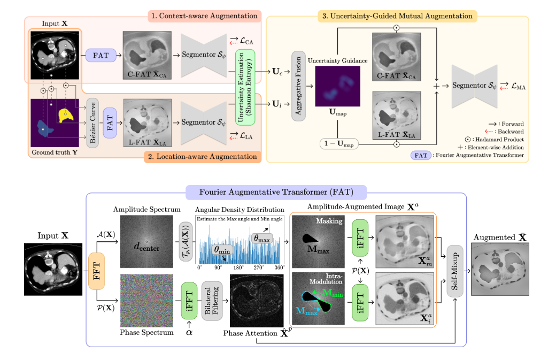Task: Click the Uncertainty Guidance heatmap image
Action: (337, 87)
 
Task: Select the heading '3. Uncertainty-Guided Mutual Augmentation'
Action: (397, 16)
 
